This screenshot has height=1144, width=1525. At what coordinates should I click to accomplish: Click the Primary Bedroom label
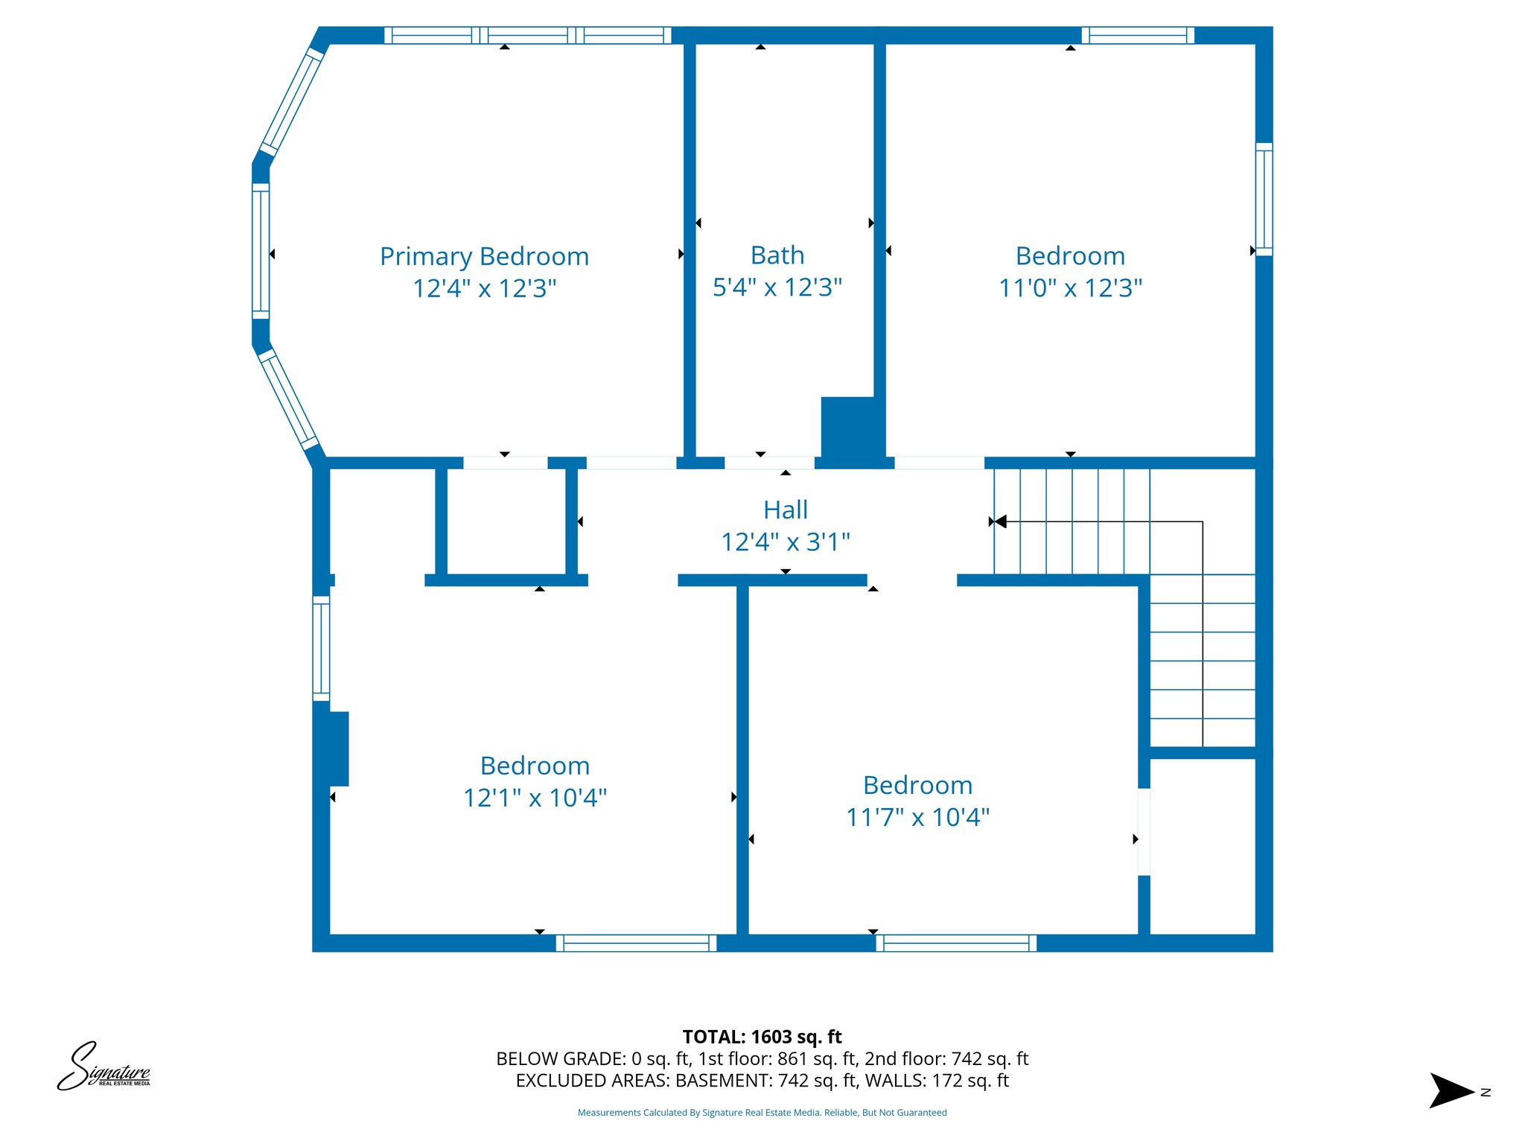click(x=484, y=256)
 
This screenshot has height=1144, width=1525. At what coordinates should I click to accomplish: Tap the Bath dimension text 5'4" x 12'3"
click(x=777, y=287)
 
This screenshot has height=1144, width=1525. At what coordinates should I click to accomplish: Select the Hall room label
click(x=785, y=510)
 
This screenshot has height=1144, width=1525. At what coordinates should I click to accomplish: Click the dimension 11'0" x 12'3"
click(x=1070, y=287)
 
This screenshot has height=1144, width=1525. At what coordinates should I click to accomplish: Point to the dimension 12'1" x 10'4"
click(x=535, y=798)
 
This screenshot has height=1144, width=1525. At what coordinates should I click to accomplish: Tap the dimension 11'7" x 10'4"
click(x=917, y=817)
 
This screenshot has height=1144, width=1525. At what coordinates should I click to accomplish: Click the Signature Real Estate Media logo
click(x=104, y=1067)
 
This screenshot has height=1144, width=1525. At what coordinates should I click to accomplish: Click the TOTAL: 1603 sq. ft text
click(x=762, y=1037)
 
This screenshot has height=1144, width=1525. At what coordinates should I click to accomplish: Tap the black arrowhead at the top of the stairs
click(x=1001, y=521)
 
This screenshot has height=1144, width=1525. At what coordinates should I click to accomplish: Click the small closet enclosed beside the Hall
click(x=506, y=521)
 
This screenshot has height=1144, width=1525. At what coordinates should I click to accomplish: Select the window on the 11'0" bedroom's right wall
click(x=1264, y=199)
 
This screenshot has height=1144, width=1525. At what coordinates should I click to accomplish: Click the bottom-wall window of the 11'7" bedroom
click(x=955, y=943)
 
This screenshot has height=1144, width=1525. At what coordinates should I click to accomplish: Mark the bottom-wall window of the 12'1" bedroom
click(x=636, y=943)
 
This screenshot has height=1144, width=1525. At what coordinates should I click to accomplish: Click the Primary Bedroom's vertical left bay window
click(x=261, y=250)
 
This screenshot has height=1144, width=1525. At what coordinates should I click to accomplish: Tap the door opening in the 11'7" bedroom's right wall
click(x=1144, y=831)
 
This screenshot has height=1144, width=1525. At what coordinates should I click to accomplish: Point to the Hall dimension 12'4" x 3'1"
click(x=785, y=542)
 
